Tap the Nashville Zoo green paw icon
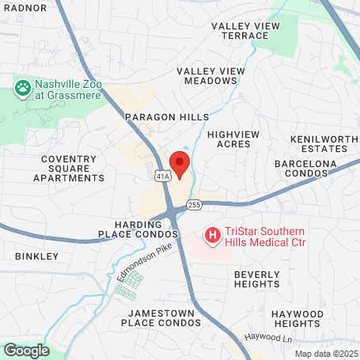21,85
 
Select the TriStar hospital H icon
213,235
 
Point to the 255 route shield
195,206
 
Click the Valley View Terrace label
246,31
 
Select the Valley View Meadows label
210,77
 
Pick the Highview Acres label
233,139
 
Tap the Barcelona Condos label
305,169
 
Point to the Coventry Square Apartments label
69,169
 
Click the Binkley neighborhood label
36,256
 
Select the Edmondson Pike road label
144,260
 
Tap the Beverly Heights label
256,279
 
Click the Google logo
26,350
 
